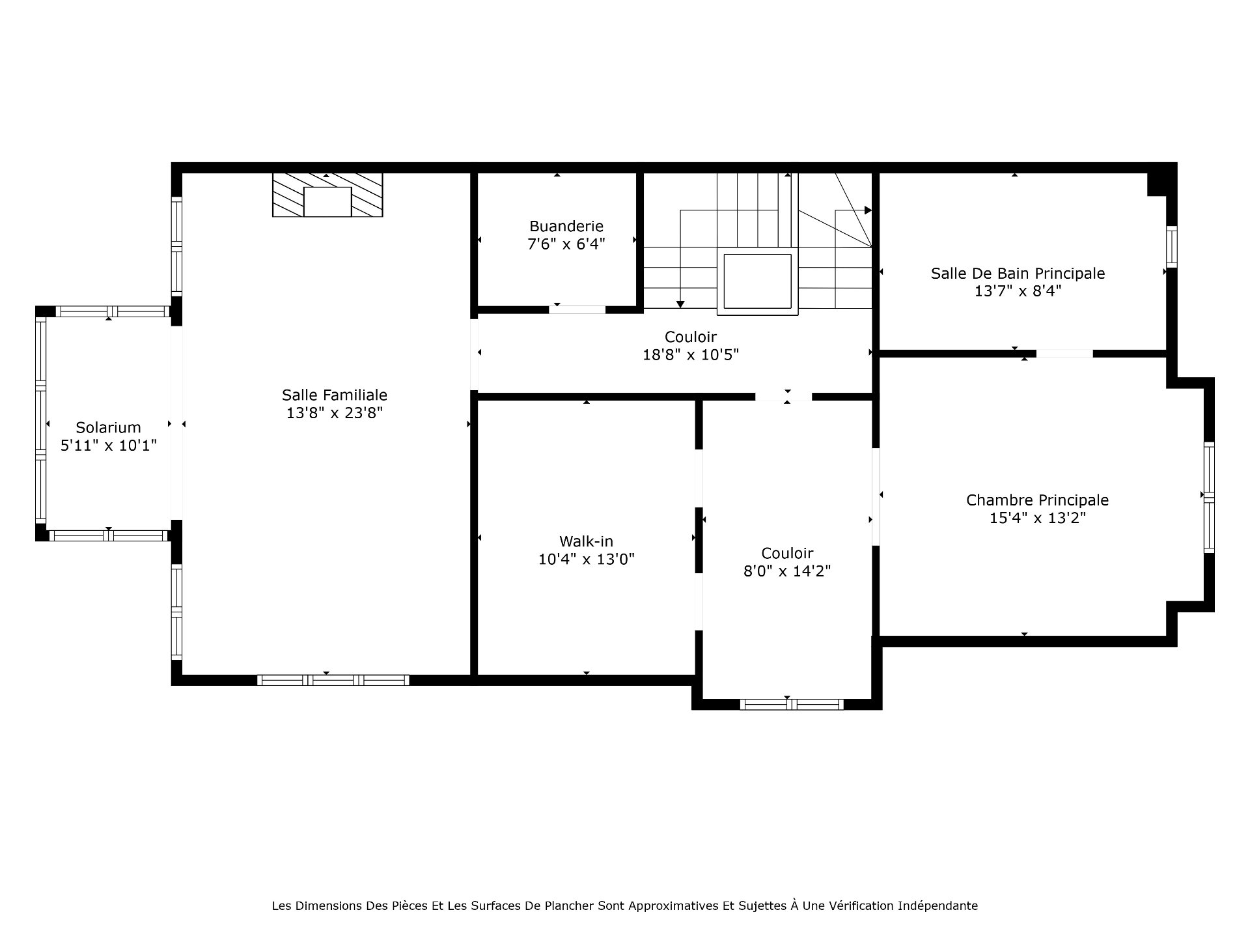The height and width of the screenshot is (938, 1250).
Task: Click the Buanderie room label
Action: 566,226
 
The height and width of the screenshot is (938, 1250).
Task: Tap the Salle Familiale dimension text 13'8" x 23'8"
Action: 335,412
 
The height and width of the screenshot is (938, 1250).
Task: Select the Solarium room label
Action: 109,427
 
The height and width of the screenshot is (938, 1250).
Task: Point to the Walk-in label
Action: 586,541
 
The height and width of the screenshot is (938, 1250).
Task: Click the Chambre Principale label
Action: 1037,500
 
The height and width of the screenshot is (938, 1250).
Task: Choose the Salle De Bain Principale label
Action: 1018,274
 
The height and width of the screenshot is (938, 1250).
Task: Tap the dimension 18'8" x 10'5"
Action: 691,355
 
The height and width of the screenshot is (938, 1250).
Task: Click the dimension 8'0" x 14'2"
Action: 787,571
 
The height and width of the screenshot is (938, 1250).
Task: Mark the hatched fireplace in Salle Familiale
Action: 327,195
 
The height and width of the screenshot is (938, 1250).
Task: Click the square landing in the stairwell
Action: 757,281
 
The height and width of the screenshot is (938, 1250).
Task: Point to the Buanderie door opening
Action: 577,309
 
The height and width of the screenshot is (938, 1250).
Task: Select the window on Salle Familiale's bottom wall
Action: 333,680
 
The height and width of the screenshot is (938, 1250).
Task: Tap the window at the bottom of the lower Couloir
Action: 792,704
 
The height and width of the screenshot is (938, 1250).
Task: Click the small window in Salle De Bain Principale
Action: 1172,246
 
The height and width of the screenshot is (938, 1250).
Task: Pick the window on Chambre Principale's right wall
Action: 1209,497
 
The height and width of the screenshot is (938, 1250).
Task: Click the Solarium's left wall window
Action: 41,420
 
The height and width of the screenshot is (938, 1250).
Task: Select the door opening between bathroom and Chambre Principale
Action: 1064,354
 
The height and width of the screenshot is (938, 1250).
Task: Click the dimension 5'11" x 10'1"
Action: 109,446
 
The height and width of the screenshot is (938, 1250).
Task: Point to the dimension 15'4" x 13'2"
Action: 1038,518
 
